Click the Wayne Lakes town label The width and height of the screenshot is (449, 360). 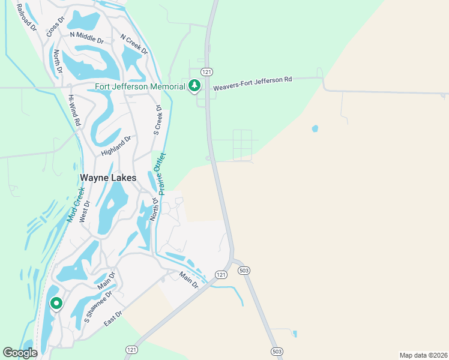coord(108,178)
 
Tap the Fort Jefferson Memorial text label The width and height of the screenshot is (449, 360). coord(140,86)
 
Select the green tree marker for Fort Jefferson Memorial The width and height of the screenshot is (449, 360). coord(194,86)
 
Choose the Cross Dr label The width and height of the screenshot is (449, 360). coord(55,28)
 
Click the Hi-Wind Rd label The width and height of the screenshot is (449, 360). coord(74,109)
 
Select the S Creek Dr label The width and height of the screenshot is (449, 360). coord(158,120)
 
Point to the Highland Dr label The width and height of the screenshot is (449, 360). coord(116,146)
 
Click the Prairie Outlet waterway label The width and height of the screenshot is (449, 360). coord(160,172)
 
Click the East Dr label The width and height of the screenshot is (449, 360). coord(113,318)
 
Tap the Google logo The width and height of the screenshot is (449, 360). coord(20,353)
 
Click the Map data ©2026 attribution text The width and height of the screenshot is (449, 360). coord(423,355)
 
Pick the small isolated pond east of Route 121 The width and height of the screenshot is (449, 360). coord(315,128)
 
